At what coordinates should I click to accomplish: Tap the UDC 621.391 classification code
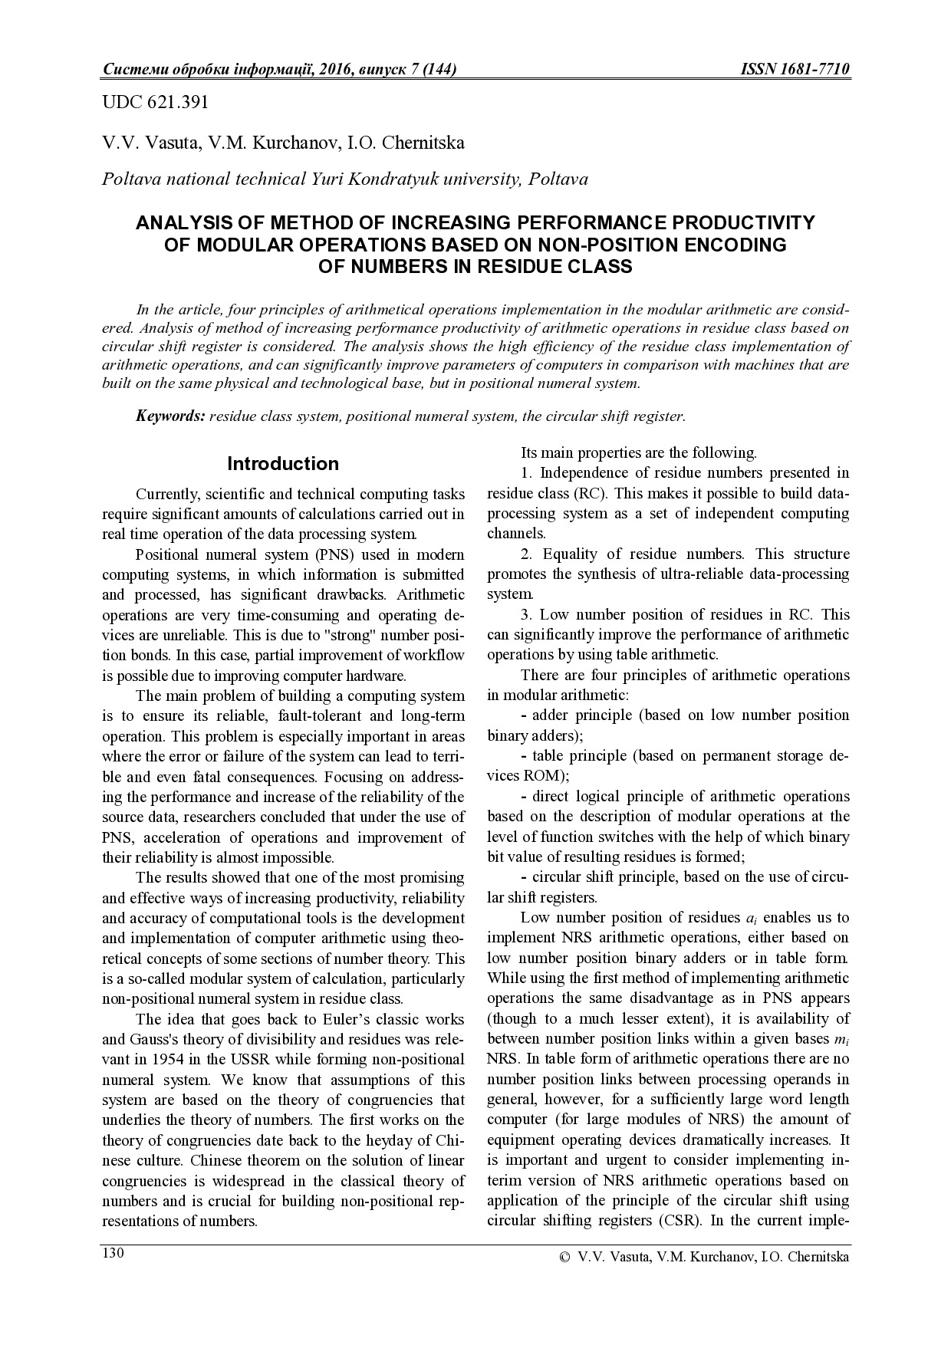point(155,102)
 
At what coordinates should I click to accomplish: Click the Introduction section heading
point(283,464)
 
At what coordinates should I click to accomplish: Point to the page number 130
point(113,1253)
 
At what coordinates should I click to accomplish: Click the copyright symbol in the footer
point(564,1257)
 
